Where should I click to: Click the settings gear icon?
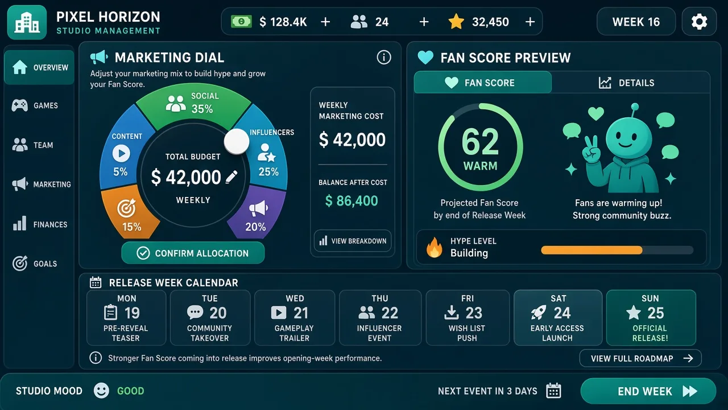[x=699, y=22]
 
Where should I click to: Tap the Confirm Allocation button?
[x=193, y=253]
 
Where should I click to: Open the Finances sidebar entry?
[x=39, y=224]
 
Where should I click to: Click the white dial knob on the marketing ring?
[x=237, y=142]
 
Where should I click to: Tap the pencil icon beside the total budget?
[x=231, y=177]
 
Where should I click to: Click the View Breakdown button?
[x=353, y=241]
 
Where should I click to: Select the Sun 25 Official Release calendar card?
[x=651, y=318]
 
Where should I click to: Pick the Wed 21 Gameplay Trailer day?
[x=295, y=318]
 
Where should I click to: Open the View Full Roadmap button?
[x=640, y=358]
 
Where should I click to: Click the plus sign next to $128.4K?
[x=325, y=22]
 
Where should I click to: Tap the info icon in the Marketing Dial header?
[x=384, y=58]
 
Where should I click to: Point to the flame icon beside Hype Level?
[x=435, y=247]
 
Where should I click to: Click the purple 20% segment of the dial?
[x=258, y=212]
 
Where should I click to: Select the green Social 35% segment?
[x=193, y=105]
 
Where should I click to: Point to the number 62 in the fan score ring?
[x=480, y=142]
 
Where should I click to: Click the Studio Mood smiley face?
[x=101, y=391]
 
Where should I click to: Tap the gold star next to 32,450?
[x=456, y=22]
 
